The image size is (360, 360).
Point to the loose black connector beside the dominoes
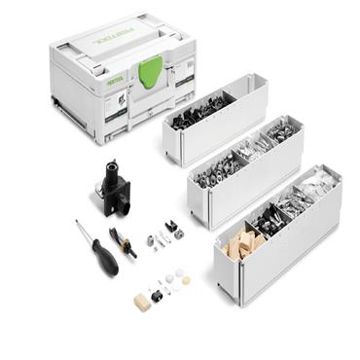tap(155, 296)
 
